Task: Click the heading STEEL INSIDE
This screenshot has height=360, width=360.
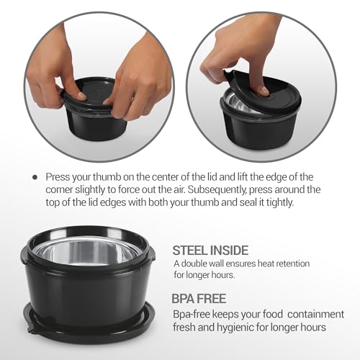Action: coord(210,251)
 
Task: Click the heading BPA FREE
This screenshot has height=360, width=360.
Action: coord(199,297)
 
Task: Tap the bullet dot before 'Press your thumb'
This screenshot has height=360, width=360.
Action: coord(35,176)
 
